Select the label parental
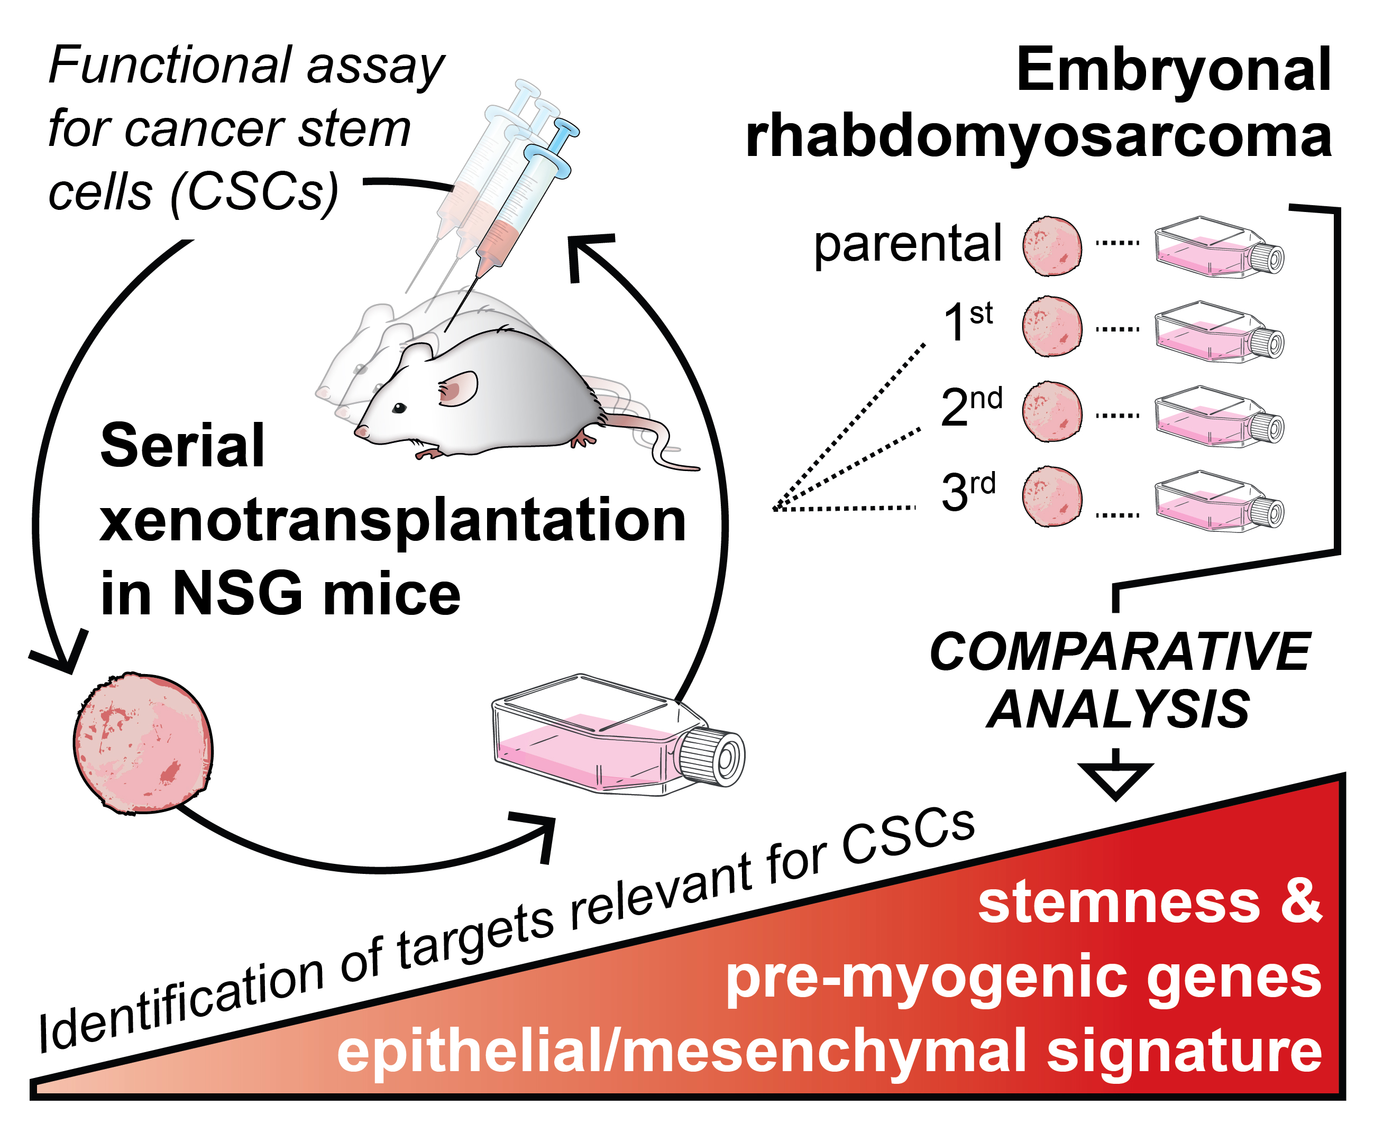pyautogui.click(x=907, y=245)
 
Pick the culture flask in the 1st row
pyautogui.click(x=1217, y=331)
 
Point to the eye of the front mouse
pyautogui.click(x=399, y=408)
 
